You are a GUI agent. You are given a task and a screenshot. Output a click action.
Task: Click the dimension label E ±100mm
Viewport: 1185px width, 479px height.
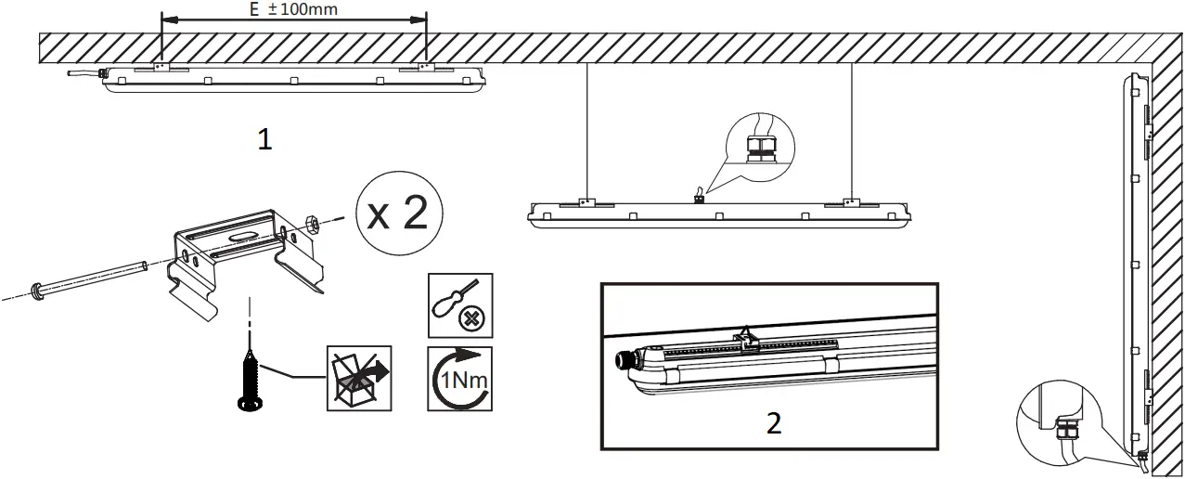[x=292, y=10]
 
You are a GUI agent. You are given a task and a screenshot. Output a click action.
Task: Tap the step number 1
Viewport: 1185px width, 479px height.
[x=264, y=139]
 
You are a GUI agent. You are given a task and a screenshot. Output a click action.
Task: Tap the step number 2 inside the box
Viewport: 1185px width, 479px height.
[x=774, y=422]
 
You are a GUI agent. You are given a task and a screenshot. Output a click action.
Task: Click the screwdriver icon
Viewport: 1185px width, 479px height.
[x=460, y=305]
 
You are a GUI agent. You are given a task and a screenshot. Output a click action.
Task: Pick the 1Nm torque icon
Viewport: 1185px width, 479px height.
[x=460, y=379]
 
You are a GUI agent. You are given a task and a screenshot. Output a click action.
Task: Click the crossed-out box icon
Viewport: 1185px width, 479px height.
[x=359, y=379]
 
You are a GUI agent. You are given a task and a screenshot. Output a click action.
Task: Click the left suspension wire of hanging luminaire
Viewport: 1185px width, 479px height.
[x=586, y=130]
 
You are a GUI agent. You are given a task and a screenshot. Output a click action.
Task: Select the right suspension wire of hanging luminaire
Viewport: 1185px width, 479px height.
[x=851, y=130]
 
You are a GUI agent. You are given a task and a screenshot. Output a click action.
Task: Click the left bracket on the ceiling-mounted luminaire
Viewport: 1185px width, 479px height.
[x=160, y=68]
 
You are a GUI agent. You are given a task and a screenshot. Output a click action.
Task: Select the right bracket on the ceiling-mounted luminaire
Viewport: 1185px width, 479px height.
[x=424, y=68]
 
